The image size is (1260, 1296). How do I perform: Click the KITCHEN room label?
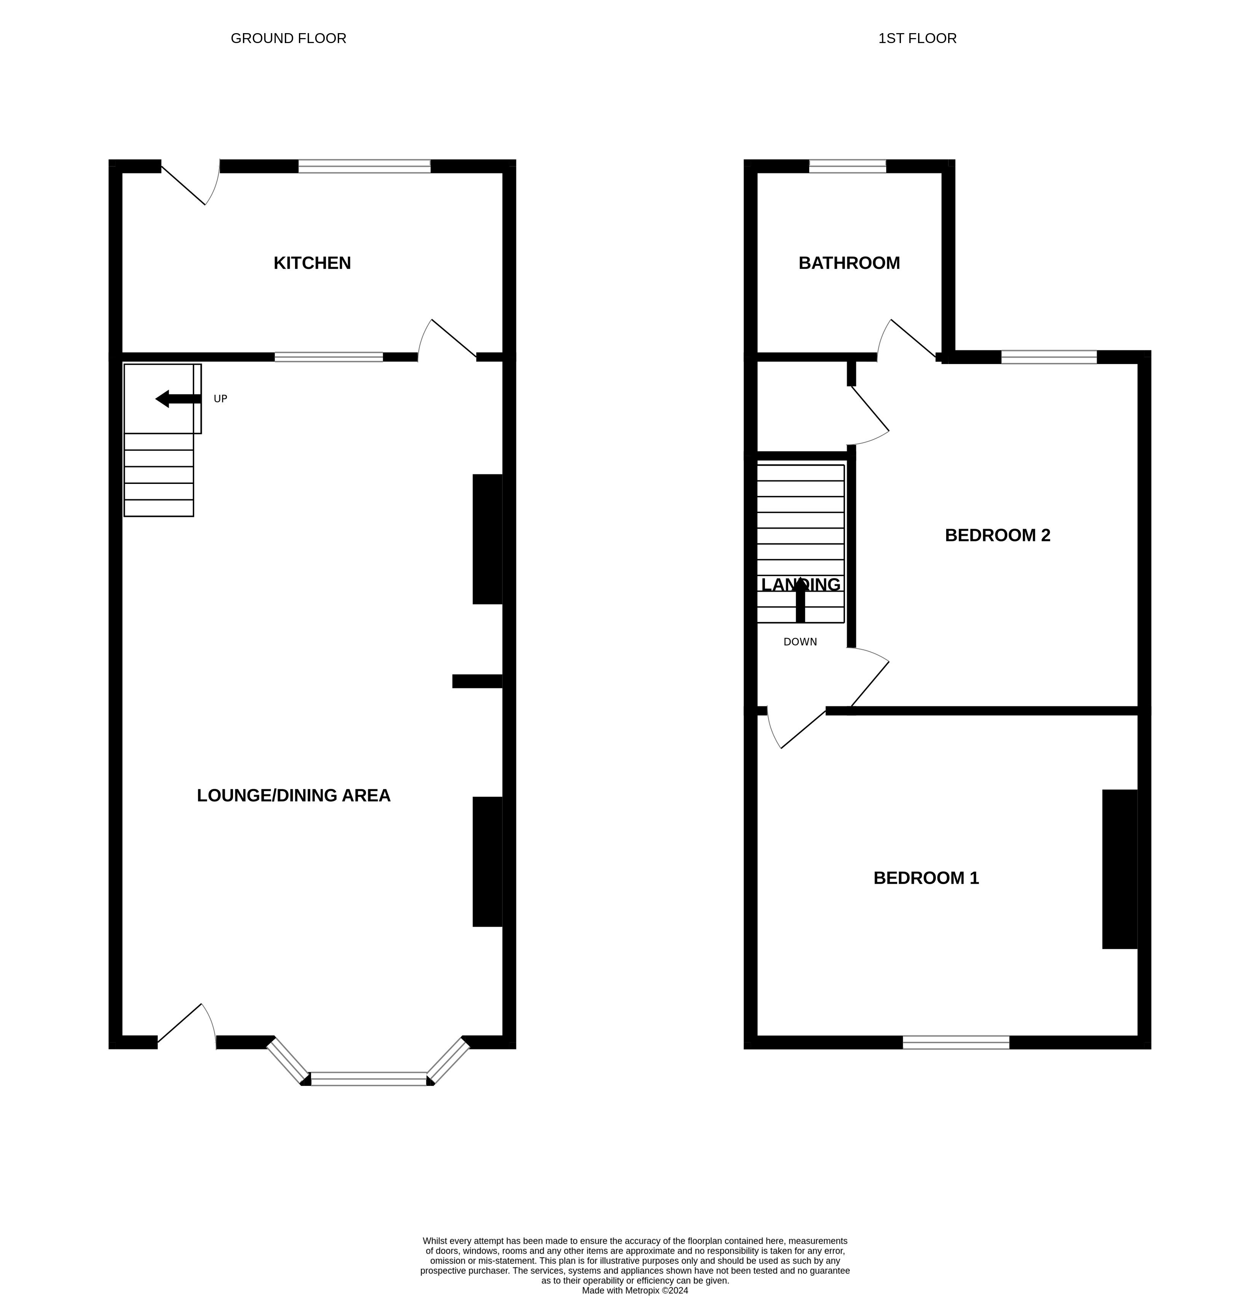312,263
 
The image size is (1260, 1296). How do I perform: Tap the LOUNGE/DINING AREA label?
294,796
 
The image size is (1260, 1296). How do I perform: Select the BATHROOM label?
849,263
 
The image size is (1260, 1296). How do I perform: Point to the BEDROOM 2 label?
997,535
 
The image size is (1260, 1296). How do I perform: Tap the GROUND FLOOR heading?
289,38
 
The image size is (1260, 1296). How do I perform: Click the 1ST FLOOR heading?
917,38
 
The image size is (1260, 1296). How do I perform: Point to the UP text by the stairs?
220,399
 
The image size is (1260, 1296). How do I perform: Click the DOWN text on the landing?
800,642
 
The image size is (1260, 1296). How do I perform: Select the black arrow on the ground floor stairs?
178,399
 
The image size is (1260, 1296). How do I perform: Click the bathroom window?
847,166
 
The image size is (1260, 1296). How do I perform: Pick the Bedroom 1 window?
956,1042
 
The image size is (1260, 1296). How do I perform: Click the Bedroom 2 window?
1049,357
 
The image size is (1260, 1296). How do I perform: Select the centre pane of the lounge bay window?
369,1079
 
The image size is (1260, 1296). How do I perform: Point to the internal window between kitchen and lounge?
329,357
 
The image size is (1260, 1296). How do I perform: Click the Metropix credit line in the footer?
635,1290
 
